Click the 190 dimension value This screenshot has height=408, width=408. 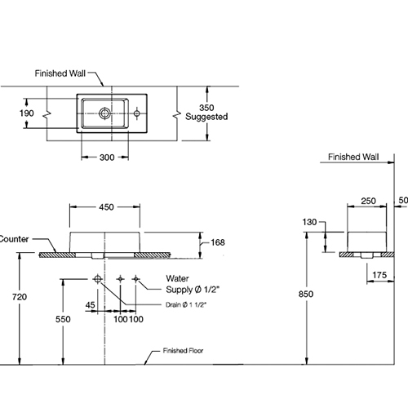(x=27, y=113)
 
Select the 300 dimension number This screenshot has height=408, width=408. (x=107, y=157)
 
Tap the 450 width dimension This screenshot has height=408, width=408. (x=106, y=207)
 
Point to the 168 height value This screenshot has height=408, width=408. (x=218, y=242)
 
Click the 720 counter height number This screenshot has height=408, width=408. (x=20, y=297)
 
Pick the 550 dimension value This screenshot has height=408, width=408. (x=63, y=319)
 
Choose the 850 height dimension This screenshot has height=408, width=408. (x=306, y=294)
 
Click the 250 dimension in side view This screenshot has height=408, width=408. (x=369, y=201)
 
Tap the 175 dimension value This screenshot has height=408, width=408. (x=379, y=275)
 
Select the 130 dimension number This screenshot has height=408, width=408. (x=309, y=222)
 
